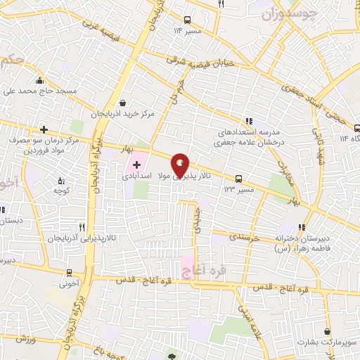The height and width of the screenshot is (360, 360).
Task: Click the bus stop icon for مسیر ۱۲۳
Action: (239, 178)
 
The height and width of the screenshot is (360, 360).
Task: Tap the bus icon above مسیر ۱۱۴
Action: (187, 20)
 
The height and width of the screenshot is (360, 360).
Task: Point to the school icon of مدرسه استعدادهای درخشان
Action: (247, 120)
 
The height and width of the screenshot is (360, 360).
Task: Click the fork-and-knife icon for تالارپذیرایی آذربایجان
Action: (83, 227)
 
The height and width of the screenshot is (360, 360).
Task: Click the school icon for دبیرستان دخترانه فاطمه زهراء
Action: (302, 228)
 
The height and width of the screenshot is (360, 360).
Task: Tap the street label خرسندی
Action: (244, 238)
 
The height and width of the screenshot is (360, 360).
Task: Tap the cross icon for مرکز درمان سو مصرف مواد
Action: (44, 130)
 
